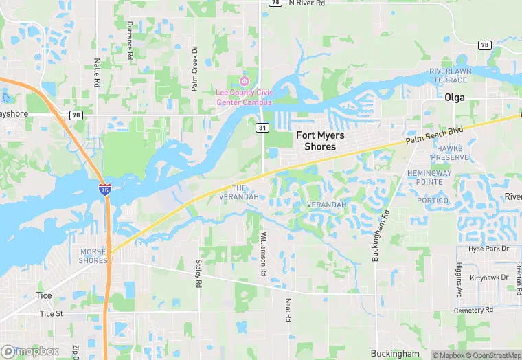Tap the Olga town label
455,98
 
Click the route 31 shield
262,128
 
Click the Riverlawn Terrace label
449,76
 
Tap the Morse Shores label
93,256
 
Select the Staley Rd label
198,274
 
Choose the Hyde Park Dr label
488,248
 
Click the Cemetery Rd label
474,311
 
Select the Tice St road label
51,313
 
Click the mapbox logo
30,350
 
